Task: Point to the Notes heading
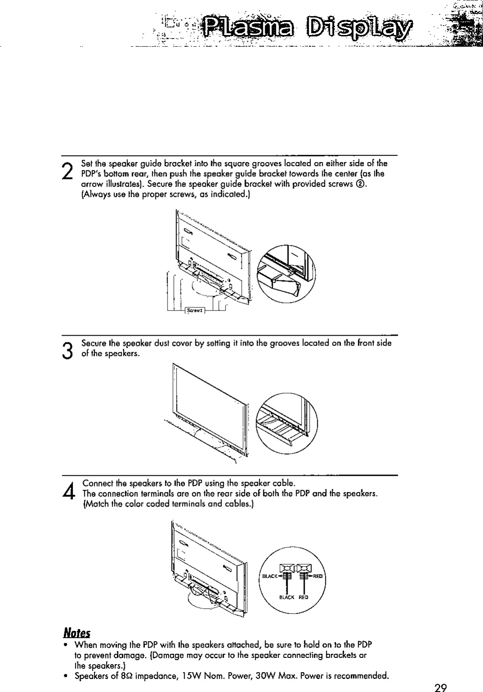[x=77, y=633]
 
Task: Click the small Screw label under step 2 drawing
[x=195, y=310]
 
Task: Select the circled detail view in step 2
[x=286, y=274]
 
